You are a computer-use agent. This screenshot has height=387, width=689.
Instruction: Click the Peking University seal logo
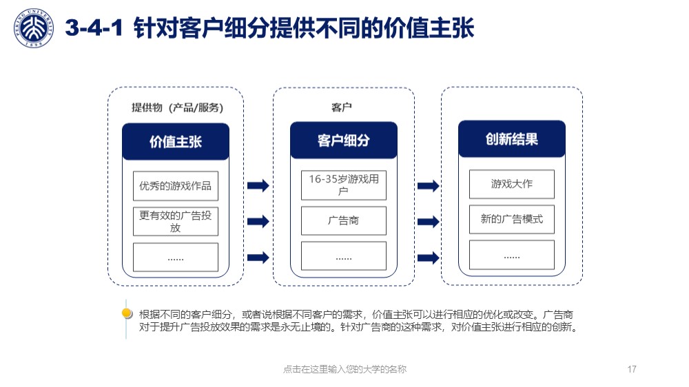click(34, 28)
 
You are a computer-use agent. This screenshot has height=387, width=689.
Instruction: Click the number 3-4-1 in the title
click(94, 28)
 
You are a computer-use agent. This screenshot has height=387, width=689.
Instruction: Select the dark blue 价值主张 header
click(176, 141)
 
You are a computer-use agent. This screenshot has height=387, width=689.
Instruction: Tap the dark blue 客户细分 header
click(344, 140)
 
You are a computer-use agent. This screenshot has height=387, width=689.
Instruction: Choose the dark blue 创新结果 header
click(512, 139)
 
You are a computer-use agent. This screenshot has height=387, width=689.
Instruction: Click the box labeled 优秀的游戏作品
click(176, 186)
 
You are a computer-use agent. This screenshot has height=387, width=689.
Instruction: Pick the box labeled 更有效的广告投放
click(176, 222)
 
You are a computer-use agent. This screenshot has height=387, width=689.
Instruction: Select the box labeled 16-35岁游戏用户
click(344, 185)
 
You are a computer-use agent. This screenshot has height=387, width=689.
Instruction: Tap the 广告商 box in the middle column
click(344, 220)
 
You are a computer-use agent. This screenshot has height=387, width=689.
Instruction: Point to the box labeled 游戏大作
click(512, 184)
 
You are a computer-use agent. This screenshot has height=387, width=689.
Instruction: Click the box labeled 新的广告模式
click(512, 219)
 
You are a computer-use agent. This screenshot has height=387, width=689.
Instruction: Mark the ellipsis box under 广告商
click(344, 255)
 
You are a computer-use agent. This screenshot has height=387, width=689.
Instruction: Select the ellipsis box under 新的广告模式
click(512, 255)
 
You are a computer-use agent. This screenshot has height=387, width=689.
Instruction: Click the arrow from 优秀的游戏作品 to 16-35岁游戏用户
click(258, 185)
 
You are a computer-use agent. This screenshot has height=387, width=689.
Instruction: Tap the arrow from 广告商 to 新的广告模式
click(429, 222)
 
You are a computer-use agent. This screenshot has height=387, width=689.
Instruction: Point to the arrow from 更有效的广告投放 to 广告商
click(258, 221)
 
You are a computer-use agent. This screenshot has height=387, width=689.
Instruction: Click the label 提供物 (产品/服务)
click(178, 107)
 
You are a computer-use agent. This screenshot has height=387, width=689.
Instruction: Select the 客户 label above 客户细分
click(342, 107)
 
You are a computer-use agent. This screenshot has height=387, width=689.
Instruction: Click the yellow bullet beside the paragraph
click(127, 313)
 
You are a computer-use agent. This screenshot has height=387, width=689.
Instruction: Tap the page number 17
click(632, 369)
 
